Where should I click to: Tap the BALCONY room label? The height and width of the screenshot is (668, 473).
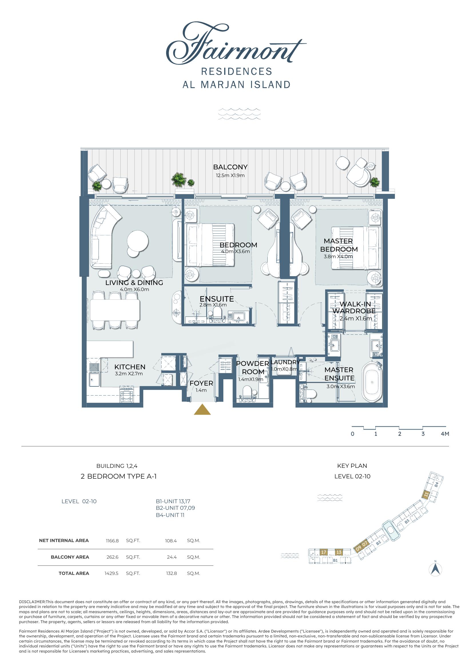click(230, 167)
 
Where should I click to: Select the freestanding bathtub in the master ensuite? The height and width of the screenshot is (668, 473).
click(371, 382)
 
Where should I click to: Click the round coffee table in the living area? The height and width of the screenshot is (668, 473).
click(138, 241)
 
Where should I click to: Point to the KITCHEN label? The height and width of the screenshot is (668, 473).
click(130, 367)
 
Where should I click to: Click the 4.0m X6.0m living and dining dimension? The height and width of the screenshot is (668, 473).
click(134, 290)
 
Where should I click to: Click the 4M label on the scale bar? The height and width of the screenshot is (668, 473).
click(445, 434)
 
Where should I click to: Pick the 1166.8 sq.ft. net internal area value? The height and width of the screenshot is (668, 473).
click(112, 541)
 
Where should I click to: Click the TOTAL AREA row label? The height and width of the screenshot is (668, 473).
click(74, 573)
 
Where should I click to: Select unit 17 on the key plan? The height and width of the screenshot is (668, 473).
click(324, 552)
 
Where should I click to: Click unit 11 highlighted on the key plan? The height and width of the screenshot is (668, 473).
click(426, 495)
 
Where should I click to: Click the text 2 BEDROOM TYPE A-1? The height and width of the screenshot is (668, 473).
click(119, 477)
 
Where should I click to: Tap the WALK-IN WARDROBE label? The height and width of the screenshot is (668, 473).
click(354, 307)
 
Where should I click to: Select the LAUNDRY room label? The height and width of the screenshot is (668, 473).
click(285, 362)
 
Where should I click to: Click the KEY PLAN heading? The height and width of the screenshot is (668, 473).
click(352, 466)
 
